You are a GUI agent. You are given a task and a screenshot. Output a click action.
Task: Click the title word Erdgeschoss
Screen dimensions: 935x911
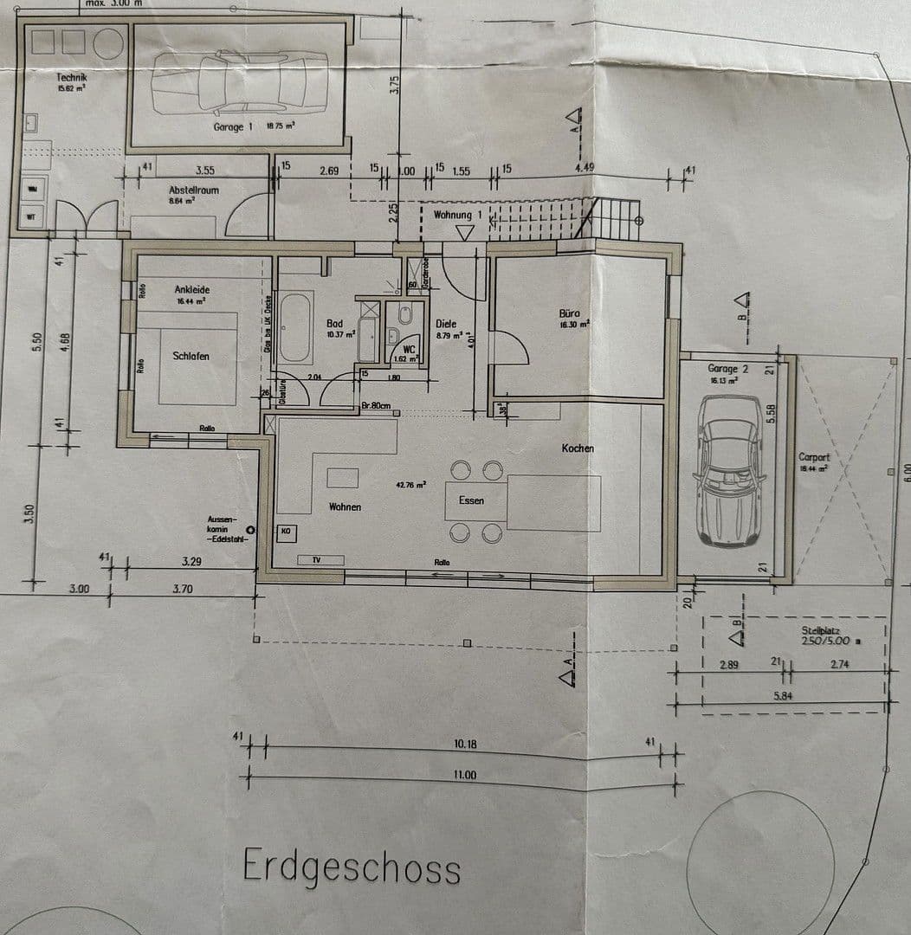[351, 866]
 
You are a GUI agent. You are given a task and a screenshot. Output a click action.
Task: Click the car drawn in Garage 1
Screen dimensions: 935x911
[240, 82]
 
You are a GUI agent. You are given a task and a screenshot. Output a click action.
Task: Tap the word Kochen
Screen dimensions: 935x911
[578, 448]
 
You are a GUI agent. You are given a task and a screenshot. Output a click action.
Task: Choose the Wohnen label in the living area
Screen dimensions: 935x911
[345, 506]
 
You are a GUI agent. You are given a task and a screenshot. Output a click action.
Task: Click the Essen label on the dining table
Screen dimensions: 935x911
[471, 500]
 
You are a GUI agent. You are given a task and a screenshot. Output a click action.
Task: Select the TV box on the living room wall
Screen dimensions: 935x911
[316, 560]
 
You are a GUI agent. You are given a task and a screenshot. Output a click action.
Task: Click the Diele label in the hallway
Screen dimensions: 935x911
[446, 324]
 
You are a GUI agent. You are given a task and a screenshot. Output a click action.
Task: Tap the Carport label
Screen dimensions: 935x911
[814, 457]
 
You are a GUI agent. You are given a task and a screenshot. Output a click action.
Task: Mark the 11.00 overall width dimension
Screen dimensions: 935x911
[465, 776]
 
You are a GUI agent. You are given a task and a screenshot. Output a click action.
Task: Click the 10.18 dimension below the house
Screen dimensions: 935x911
[465, 745]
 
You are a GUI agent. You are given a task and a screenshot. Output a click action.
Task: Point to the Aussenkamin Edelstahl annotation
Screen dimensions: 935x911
[227, 528]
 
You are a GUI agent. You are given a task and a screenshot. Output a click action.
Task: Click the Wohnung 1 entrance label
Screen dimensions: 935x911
[452, 215]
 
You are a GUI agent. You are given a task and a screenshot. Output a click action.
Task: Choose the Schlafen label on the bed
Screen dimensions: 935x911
[191, 356]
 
